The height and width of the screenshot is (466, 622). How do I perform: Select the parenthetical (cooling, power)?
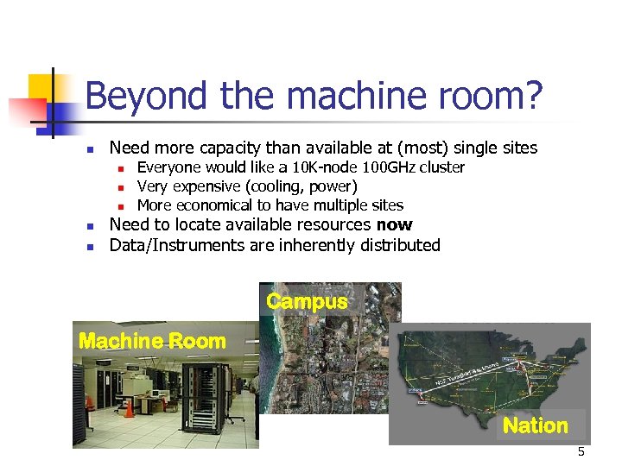pos(301,186)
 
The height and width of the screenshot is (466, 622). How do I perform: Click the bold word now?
pos(395,225)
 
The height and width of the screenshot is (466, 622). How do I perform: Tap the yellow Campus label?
pos(307,301)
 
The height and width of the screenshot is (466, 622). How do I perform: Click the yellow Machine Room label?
pos(152,341)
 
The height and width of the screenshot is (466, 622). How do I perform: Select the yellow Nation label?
pos(535,425)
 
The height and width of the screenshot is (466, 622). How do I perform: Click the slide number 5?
pos(581,452)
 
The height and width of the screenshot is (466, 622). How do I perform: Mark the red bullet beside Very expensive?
pos(122,187)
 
